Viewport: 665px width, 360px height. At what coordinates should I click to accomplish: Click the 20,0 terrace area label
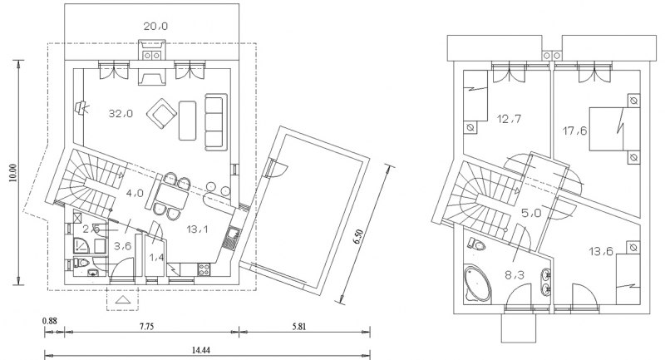pyautogui.click(x=155, y=27)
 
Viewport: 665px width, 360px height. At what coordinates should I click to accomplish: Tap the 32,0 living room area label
pyautogui.click(x=121, y=114)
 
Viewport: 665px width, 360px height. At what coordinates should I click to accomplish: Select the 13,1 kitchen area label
pyautogui.click(x=197, y=229)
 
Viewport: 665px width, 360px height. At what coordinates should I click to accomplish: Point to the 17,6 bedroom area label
pyautogui.click(x=575, y=131)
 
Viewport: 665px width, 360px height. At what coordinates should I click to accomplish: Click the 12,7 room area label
pyautogui.click(x=509, y=119)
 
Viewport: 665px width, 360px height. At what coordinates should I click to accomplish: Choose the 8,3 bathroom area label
pyautogui.click(x=515, y=276)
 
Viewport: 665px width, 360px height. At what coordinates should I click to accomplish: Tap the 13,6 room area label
pyautogui.click(x=601, y=251)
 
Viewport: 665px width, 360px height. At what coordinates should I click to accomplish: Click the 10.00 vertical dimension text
pyautogui.click(x=12, y=173)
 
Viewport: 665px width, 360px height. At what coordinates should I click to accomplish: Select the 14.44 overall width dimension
pyautogui.click(x=201, y=350)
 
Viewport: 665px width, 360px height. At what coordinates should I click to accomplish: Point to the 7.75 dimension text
pyautogui.click(x=146, y=326)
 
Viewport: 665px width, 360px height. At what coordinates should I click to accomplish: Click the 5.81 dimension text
pyautogui.click(x=298, y=326)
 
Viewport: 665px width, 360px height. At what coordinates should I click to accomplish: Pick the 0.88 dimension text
pyautogui.click(x=50, y=321)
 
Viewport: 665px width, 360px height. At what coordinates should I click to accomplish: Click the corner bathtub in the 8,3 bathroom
pyautogui.click(x=477, y=284)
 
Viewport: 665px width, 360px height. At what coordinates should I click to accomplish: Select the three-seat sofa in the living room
pyautogui.click(x=216, y=122)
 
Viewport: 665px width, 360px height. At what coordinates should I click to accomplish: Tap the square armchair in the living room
pyautogui.click(x=161, y=113)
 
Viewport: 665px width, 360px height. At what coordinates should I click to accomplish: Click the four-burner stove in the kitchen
pyautogui.click(x=204, y=269)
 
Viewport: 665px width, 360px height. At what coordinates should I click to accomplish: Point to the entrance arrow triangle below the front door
pyautogui.click(x=123, y=300)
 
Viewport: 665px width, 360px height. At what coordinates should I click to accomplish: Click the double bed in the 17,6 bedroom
pyautogui.click(x=614, y=129)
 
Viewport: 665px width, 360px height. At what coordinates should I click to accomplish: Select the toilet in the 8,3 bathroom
pyautogui.click(x=476, y=244)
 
